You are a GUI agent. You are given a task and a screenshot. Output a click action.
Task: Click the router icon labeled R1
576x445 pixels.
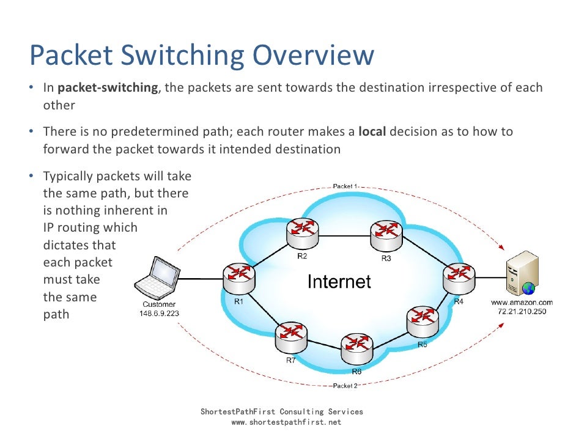[237, 279]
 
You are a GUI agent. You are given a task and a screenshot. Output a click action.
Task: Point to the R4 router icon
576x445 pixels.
[457, 279]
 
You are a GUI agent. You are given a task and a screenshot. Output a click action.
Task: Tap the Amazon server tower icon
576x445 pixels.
[519, 274]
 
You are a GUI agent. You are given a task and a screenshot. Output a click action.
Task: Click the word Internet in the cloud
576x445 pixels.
[339, 282]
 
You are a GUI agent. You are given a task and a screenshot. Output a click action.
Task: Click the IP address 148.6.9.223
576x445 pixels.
[159, 313]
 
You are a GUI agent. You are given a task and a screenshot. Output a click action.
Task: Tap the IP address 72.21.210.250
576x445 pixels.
[522, 312]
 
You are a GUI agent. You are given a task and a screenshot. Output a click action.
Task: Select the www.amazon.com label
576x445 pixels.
[522, 303]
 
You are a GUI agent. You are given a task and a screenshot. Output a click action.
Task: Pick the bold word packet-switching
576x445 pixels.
[108, 87]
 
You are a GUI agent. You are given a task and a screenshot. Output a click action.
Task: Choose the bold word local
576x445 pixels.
[372, 131]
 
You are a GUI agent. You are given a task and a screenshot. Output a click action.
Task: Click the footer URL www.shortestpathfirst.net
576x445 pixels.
[282, 422]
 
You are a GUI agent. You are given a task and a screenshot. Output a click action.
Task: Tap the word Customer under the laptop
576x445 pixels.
[159, 304]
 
